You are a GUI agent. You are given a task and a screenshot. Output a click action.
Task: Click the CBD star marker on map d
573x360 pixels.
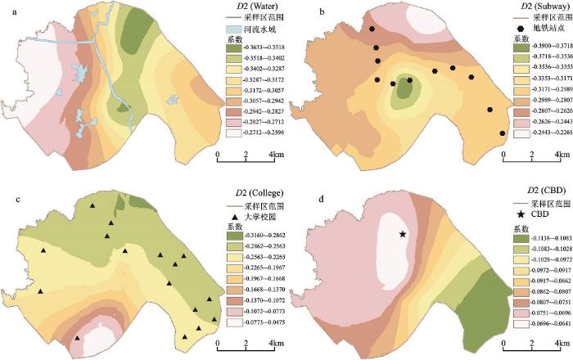tap(404, 235)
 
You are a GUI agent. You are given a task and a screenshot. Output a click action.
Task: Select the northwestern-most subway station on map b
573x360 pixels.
tap(372, 29)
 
